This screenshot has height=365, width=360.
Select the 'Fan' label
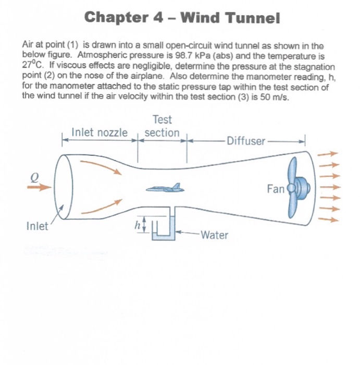coord(275,188)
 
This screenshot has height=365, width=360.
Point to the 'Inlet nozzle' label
coord(99,133)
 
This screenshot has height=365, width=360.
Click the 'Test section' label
coord(162,127)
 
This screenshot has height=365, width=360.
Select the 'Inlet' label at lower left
coord(36,226)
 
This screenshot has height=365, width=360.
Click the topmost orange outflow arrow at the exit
coord(328,154)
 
